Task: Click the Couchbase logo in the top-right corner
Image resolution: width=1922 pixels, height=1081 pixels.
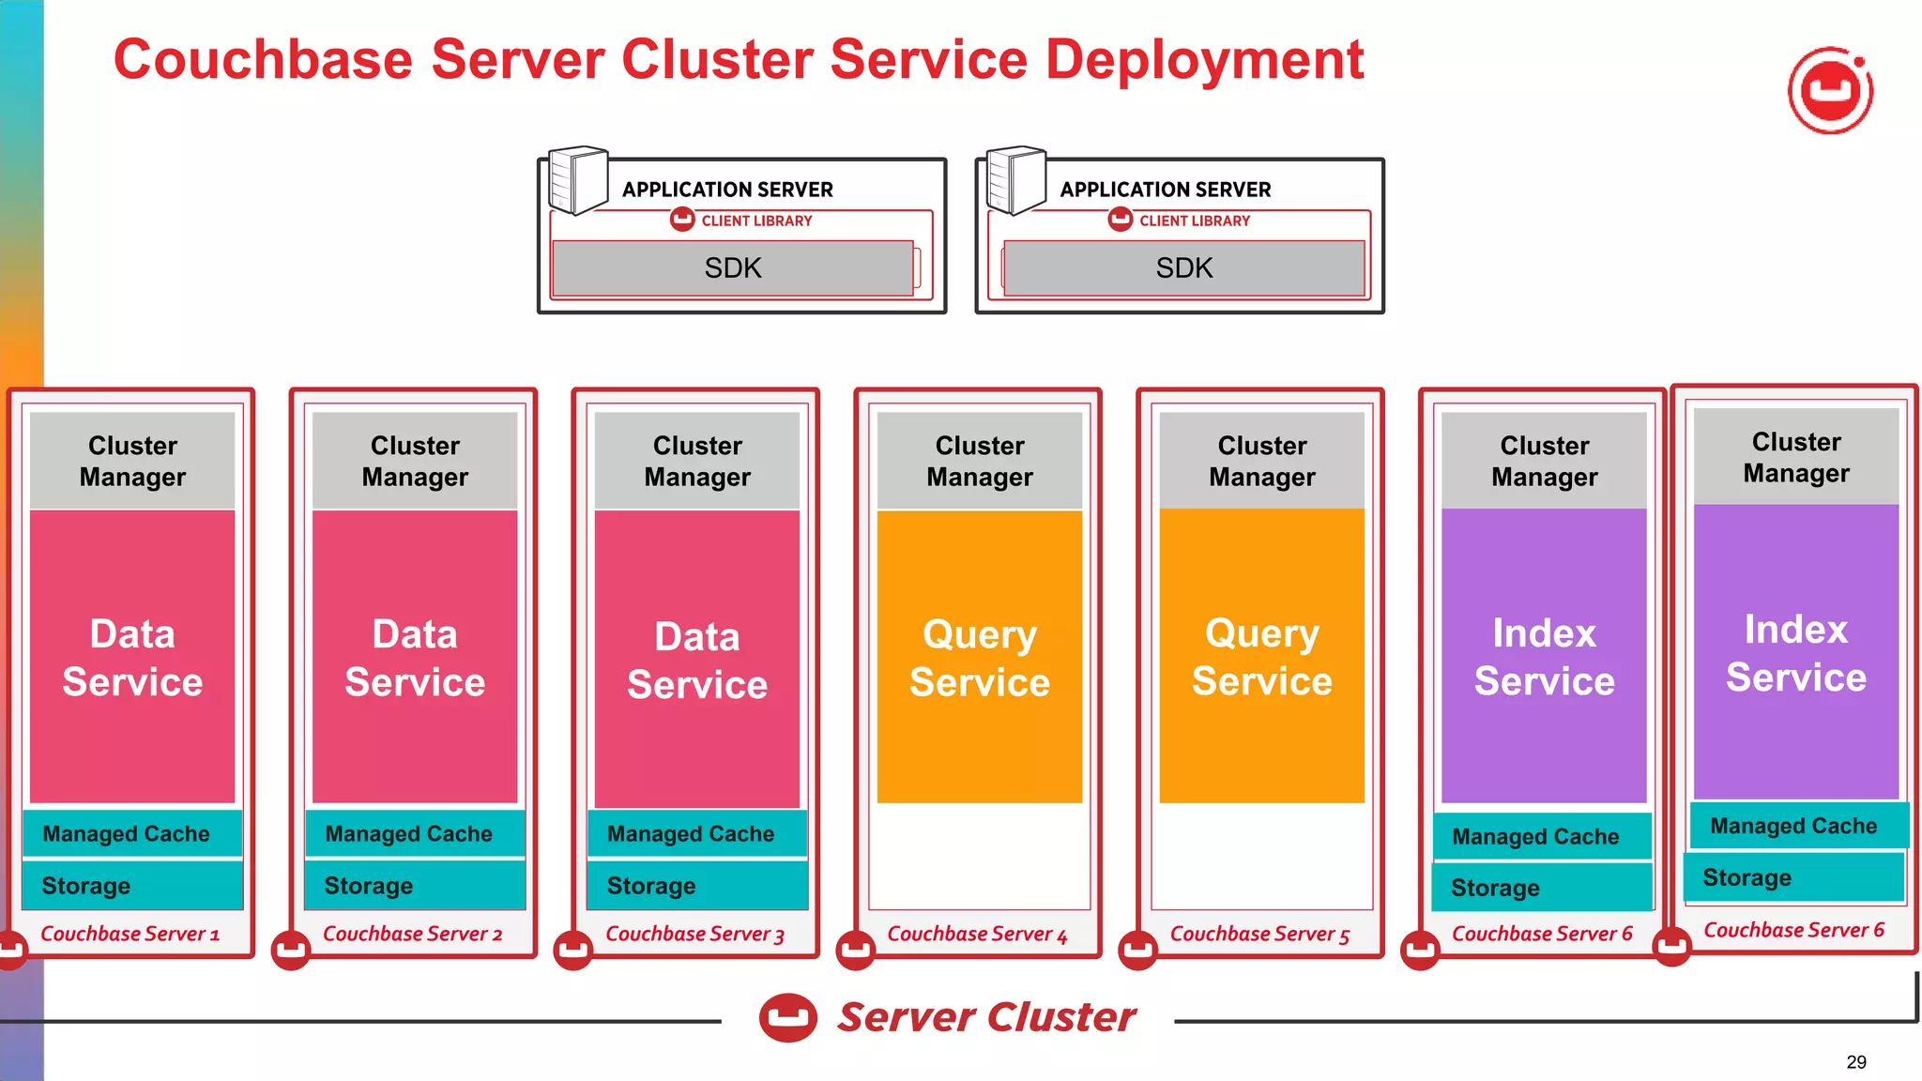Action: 1830,91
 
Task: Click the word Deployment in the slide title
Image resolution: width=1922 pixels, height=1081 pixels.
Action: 1204,60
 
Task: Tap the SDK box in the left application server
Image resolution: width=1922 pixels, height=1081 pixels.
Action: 733,268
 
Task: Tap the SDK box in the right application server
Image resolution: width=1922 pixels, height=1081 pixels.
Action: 1183,268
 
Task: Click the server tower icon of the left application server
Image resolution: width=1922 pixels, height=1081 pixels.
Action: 577,180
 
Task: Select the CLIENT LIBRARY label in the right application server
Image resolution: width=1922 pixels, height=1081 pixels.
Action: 1194,221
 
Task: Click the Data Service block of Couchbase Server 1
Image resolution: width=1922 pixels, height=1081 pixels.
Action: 132,657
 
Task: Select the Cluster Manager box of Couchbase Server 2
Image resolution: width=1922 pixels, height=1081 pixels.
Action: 415,461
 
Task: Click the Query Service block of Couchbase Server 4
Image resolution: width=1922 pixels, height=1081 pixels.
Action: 979,657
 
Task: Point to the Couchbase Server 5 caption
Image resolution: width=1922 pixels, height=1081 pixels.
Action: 1259,934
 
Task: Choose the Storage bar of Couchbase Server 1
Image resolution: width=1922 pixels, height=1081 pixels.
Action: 132,886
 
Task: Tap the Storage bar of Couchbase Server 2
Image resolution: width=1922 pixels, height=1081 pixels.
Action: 415,886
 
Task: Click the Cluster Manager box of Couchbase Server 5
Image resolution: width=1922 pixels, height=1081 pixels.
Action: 1261,461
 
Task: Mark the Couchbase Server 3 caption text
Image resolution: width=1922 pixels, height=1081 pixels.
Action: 694,934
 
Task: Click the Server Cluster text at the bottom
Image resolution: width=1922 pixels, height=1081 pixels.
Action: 985,1017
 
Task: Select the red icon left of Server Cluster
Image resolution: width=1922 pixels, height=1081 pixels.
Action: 787,1017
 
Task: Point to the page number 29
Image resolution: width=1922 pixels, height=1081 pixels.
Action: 1855,1062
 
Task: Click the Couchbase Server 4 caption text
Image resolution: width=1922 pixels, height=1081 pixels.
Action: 977,934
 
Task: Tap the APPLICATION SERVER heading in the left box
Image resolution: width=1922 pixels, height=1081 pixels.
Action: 727,190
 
